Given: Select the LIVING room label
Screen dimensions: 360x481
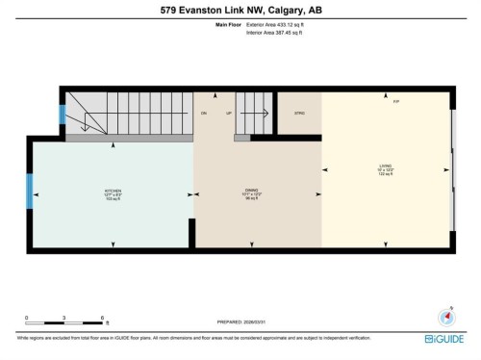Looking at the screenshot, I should coord(385,170).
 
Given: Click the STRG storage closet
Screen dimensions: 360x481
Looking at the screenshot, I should coord(298,114).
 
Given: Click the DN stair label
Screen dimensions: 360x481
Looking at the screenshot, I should coord(204,114).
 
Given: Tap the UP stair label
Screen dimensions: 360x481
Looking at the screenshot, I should coord(229,114).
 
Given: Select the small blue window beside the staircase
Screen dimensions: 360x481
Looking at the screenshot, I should coord(63,114).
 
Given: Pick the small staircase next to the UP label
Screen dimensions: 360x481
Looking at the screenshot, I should coord(255,120).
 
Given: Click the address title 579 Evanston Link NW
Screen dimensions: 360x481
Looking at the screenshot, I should coord(240,11).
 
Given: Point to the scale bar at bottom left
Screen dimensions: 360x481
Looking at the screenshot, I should coord(64,318).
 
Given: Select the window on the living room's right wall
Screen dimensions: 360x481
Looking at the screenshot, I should coord(452,170).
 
